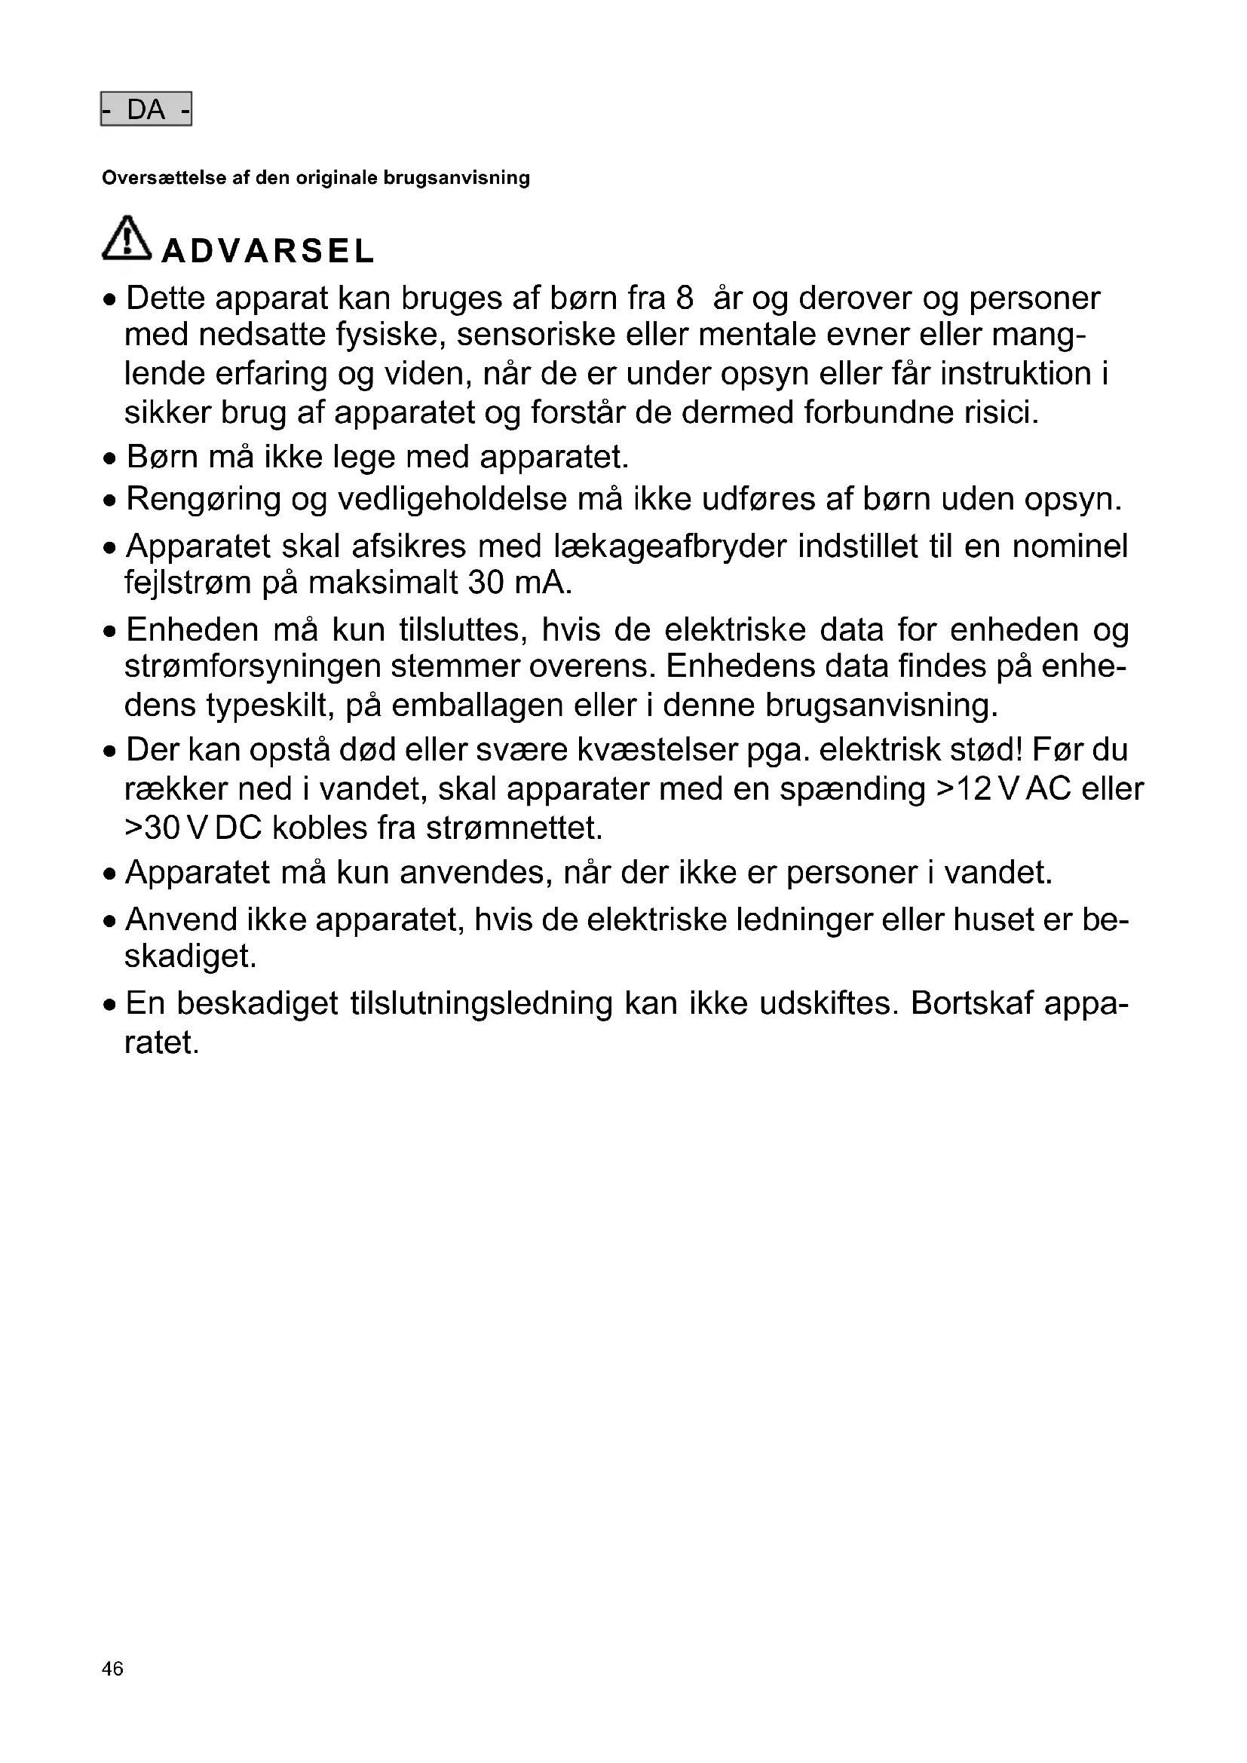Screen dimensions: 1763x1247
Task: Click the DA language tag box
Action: (x=146, y=110)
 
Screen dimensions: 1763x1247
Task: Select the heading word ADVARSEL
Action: (x=267, y=251)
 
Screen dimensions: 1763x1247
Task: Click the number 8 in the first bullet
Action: (x=684, y=298)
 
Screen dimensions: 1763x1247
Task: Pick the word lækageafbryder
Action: (x=669, y=546)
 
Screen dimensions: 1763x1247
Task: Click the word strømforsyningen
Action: (x=253, y=666)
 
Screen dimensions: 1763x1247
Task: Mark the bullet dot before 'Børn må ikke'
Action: (x=112, y=459)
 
